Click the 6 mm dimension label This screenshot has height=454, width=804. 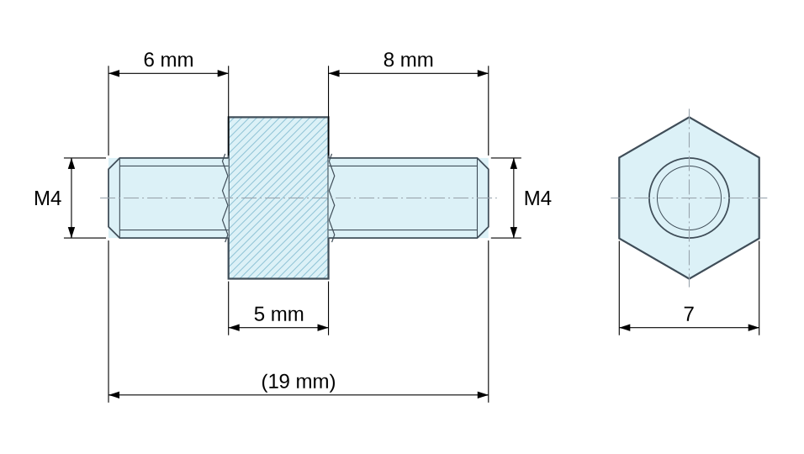pyautogui.click(x=168, y=60)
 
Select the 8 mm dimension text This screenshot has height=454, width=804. pyautogui.click(x=408, y=60)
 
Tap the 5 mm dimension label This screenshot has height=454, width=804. pyautogui.click(x=278, y=314)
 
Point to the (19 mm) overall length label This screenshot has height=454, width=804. pyautogui.click(x=299, y=382)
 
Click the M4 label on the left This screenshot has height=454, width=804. pyautogui.click(x=47, y=198)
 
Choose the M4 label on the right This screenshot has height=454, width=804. pyautogui.click(x=537, y=198)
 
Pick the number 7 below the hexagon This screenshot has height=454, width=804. pyautogui.click(x=689, y=314)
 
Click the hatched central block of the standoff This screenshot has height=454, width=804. pyautogui.click(x=278, y=198)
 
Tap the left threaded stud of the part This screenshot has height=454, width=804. pyautogui.click(x=168, y=198)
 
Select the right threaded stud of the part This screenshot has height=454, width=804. pyautogui.click(x=408, y=198)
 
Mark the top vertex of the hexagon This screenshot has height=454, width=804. pyautogui.click(x=689, y=118)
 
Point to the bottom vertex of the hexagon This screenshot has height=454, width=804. pyautogui.click(x=689, y=279)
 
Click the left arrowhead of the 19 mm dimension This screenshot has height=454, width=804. pyautogui.click(x=114, y=395)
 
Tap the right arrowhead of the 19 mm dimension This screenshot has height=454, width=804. pyautogui.click(x=483, y=395)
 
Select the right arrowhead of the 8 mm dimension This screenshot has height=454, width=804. pyautogui.click(x=483, y=73)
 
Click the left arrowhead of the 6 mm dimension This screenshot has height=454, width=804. pyautogui.click(x=114, y=73)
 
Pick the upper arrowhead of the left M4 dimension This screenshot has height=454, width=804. pyautogui.click(x=71, y=163)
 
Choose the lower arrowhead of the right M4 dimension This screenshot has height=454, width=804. pyautogui.click(x=514, y=232)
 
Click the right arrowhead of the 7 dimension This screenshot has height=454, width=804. pyautogui.click(x=754, y=327)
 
